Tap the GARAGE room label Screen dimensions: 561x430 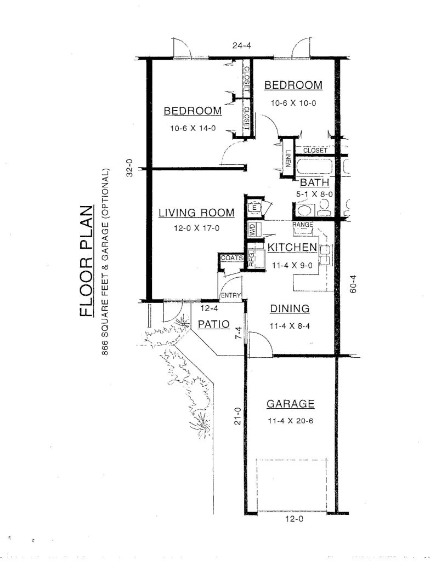pos(290,404)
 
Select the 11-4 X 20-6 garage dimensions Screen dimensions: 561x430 pos(290,422)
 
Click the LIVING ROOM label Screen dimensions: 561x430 pos(196,213)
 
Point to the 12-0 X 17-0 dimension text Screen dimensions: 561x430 pos(196,228)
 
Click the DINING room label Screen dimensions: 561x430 pos(290,309)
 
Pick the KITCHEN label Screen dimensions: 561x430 pos(292,248)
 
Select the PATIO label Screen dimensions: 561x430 pos(213,324)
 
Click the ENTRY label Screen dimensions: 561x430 pos(231,296)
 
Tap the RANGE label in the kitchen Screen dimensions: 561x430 pos(302,225)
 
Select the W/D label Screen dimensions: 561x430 pos(252,230)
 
